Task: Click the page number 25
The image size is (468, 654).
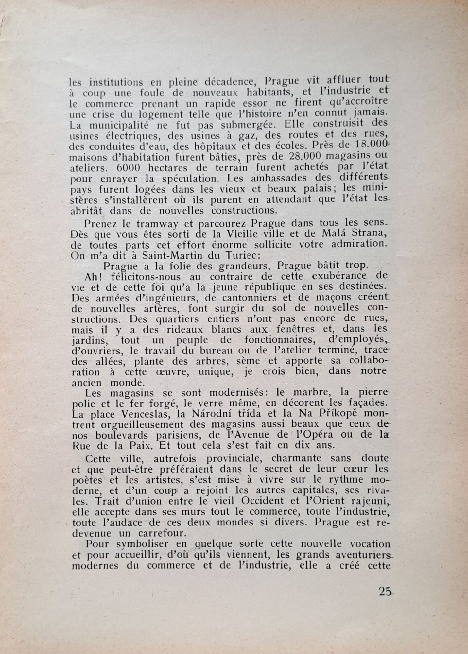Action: click(385, 591)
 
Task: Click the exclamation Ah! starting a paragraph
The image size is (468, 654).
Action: click(94, 276)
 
